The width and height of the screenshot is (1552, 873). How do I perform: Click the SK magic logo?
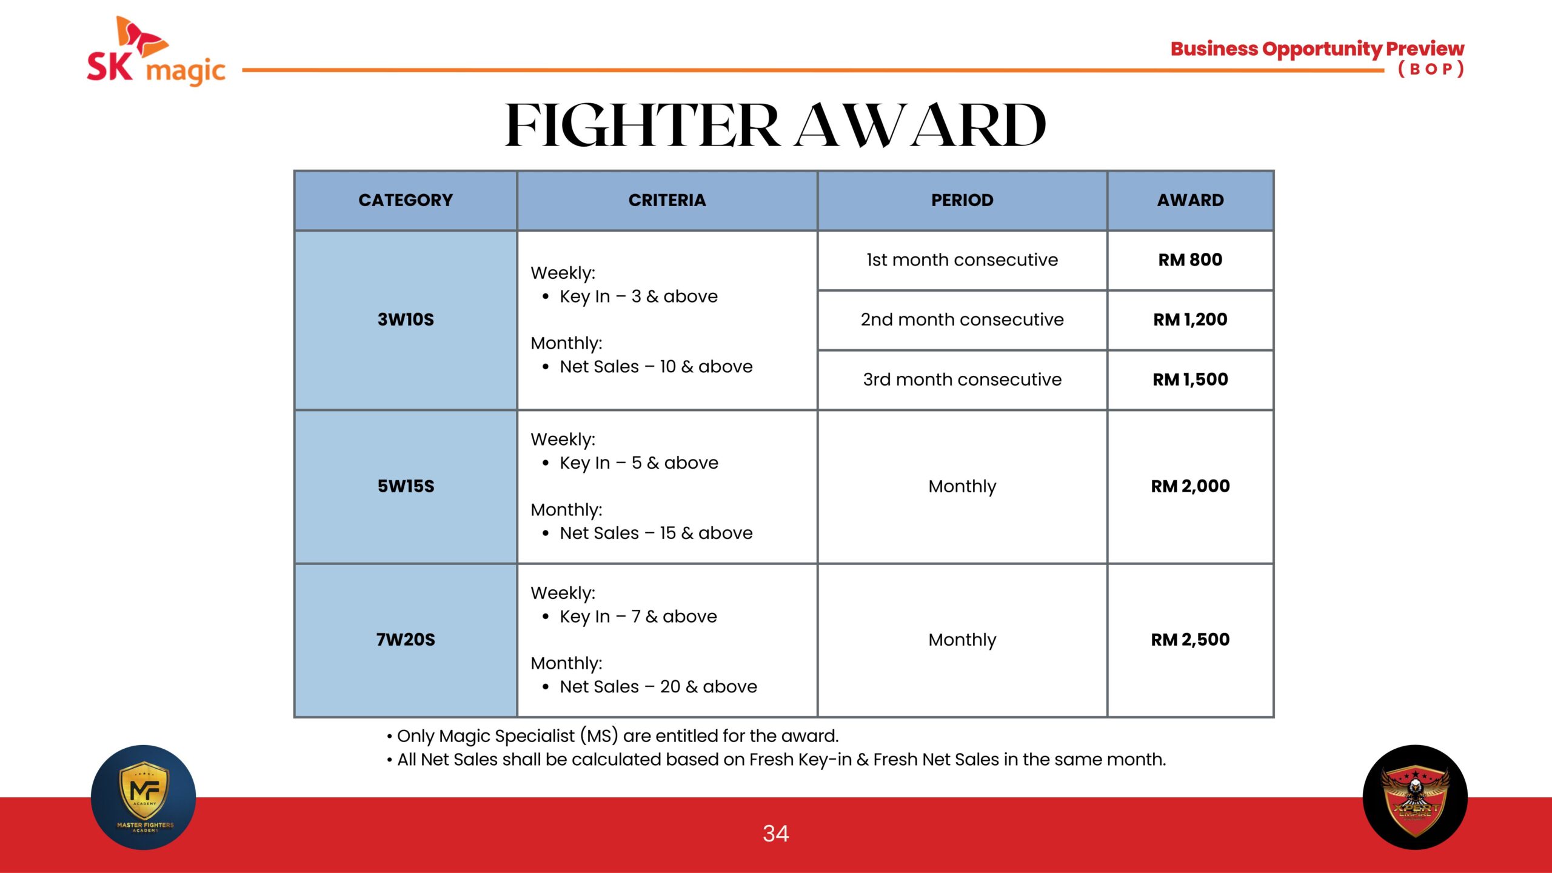pyautogui.click(x=156, y=51)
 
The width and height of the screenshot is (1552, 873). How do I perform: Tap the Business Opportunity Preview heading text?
pyautogui.click(x=1317, y=49)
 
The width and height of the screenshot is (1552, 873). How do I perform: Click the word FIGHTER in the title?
pyautogui.click(x=643, y=125)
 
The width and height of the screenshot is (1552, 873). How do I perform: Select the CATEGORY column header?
pyautogui.click(x=406, y=200)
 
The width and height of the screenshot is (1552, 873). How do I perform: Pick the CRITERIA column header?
pyautogui.click(x=667, y=200)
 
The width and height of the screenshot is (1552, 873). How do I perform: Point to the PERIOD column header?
pyautogui.click(x=962, y=200)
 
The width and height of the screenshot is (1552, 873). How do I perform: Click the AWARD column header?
pyautogui.click(x=1190, y=200)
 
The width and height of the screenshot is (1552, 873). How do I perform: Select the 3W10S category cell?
pyautogui.click(x=406, y=319)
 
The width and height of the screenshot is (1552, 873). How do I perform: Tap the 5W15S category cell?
pyautogui.click(x=406, y=486)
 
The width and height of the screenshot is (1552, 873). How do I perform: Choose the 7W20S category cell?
pyautogui.click(x=406, y=640)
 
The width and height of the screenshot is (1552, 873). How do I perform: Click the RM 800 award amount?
pyautogui.click(x=1190, y=260)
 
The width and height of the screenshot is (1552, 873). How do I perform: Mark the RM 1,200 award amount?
pyautogui.click(x=1190, y=319)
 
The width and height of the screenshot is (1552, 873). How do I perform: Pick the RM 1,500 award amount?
pyautogui.click(x=1190, y=380)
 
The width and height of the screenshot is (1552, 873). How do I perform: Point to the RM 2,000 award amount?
pyautogui.click(x=1190, y=486)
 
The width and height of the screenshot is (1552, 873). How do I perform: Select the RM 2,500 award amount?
pyautogui.click(x=1190, y=640)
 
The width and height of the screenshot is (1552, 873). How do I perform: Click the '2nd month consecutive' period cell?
pyautogui.click(x=962, y=319)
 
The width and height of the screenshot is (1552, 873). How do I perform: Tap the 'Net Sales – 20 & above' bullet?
pyautogui.click(x=650, y=687)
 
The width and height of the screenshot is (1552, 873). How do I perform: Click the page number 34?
pyautogui.click(x=776, y=834)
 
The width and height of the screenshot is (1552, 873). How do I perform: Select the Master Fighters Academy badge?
pyautogui.click(x=144, y=797)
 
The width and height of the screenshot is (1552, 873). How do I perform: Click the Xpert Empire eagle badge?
pyautogui.click(x=1415, y=797)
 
